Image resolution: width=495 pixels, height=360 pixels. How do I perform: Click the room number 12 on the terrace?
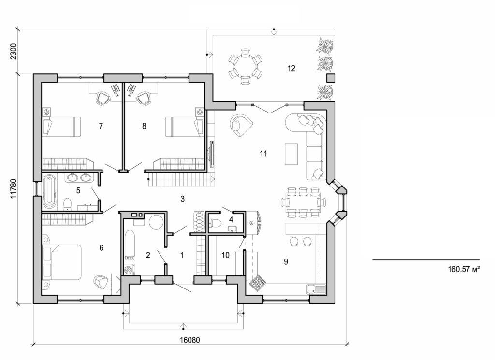pyautogui.click(x=291, y=68)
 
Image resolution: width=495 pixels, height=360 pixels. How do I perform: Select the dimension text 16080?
pyautogui.click(x=189, y=340)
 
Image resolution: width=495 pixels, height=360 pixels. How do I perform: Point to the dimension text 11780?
pyautogui.click(x=13, y=189)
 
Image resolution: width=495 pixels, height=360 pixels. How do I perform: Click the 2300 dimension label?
pyautogui.click(x=13, y=51)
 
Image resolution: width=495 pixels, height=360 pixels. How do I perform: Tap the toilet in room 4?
pyautogui.click(x=216, y=223)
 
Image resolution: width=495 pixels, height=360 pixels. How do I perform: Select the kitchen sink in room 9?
pyautogui.click(x=316, y=289)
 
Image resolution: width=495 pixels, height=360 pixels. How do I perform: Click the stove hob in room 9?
pyautogui.click(x=257, y=283)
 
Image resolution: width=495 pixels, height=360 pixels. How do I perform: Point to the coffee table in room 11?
pyautogui.click(x=292, y=154)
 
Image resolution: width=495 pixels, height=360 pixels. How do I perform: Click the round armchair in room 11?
pyautogui.click(x=241, y=125)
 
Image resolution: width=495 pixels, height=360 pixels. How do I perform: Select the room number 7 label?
pyautogui.click(x=101, y=126)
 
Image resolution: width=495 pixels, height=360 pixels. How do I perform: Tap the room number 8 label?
pyautogui.click(x=144, y=126)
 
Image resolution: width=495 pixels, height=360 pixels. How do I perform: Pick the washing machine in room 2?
pyautogui.click(x=129, y=270)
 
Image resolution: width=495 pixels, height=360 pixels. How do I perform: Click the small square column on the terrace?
pyautogui.click(x=331, y=78)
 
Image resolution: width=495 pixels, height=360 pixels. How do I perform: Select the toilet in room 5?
pyautogui.click(x=68, y=203)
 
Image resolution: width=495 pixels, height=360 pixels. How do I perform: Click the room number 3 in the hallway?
pyautogui.click(x=182, y=198)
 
